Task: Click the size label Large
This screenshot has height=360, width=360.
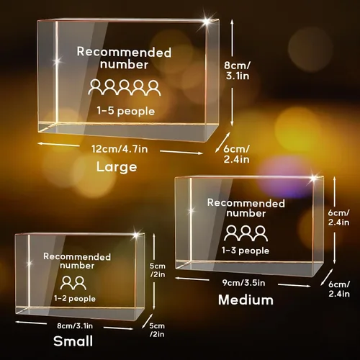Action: (117, 167)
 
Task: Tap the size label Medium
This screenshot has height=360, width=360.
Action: (246, 300)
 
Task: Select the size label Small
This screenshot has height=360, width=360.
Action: (73, 341)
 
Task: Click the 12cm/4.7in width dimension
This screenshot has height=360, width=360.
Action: (120, 149)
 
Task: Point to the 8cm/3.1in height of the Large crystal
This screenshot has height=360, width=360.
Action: (238, 71)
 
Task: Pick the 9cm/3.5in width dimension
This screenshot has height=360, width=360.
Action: (243, 283)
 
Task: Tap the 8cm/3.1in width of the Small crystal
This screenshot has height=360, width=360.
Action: (75, 326)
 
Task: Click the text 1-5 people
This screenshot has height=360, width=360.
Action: (126, 111)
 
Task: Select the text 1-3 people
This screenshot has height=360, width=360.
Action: (246, 251)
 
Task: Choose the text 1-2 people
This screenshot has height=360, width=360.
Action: (75, 299)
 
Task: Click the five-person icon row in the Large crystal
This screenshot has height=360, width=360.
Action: (125, 88)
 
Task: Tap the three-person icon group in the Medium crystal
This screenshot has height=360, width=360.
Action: (246, 233)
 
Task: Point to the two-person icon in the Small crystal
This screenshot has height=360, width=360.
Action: (73, 283)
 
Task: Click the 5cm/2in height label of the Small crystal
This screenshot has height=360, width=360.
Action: (158, 270)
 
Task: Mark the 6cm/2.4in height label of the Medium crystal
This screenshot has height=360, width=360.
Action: (338, 217)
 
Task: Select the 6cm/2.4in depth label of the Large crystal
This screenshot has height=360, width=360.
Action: (236, 154)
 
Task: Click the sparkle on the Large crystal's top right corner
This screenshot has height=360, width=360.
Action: (207, 22)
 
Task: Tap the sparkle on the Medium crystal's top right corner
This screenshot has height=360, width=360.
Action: (314, 178)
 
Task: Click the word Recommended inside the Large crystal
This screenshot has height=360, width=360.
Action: (124, 52)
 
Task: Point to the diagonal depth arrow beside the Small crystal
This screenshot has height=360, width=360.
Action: (147, 320)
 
